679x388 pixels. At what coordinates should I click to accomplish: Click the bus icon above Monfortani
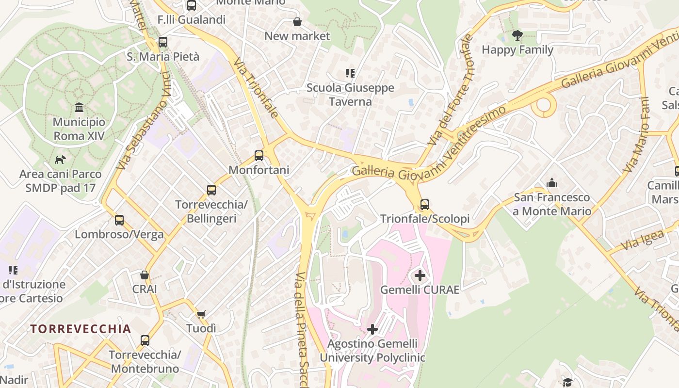[x=259, y=156]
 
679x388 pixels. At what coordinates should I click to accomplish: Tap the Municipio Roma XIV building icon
[x=79, y=108]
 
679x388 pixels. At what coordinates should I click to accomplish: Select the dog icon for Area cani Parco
[x=60, y=160]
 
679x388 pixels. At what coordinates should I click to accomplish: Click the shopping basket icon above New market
[x=297, y=22]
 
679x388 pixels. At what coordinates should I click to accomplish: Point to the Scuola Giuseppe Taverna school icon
[x=350, y=73]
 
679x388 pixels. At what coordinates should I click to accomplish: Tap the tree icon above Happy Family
[x=517, y=35]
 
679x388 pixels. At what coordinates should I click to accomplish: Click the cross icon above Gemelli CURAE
[x=420, y=276]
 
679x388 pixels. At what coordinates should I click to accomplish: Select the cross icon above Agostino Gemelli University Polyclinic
[x=372, y=329]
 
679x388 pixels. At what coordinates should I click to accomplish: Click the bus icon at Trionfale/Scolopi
[x=425, y=205]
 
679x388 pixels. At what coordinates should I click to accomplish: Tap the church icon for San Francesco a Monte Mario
[x=552, y=183]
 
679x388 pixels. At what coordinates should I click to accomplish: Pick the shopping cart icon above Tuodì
[x=201, y=314]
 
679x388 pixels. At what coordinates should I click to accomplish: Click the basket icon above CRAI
[x=145, y=275]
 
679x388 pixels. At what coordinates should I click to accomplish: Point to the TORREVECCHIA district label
[x=81, y=329]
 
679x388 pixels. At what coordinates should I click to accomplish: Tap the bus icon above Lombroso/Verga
[x=119, y=220]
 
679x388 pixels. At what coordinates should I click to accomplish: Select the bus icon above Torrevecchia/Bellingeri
[x=211, y=190]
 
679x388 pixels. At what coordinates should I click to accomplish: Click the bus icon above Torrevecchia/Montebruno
[x=145, y=340]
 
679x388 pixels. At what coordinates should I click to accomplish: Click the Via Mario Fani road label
[x=637, y=135]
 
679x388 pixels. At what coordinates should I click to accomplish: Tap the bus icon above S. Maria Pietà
[x=163, y=42]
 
